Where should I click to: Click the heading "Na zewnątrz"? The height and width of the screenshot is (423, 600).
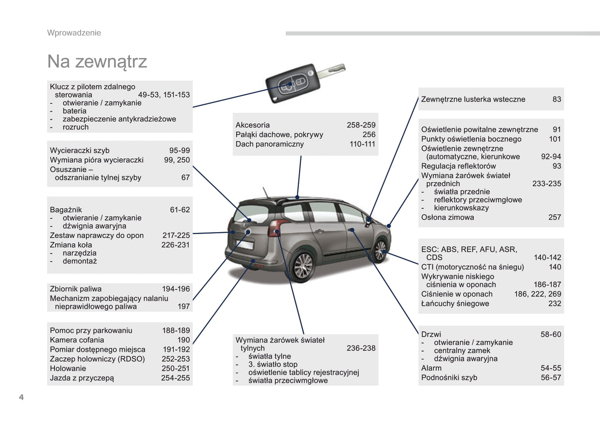click(x=97, y=61)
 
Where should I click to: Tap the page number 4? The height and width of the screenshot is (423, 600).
click(x=21, y=397)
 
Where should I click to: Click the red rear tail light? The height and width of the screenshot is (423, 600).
click(x=274, y=228)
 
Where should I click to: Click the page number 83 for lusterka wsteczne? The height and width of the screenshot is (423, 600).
click(x=556, y=99)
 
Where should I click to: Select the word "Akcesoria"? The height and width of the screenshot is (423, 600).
click(x=252, y=125)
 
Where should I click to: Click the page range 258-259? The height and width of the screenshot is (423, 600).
click(x=361, y=125)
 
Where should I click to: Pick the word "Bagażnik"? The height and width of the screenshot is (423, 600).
click(x=66, y=210)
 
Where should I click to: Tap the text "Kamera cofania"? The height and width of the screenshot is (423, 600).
click(x=77, y=340)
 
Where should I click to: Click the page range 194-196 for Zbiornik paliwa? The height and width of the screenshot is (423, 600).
click(x=176, y=289)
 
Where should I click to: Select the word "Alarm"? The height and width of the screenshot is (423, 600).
click(x=431, y=368)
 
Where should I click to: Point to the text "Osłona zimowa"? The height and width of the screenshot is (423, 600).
click(x=447, y=217)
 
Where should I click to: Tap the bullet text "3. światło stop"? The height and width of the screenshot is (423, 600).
click(x=273, y=364)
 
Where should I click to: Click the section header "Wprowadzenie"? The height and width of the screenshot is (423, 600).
click(x=74, y=33)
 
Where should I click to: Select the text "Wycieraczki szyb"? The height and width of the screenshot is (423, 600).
click(x=79, y=150)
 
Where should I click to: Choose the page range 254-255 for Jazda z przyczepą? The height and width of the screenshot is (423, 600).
click(x=175, y=378)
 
